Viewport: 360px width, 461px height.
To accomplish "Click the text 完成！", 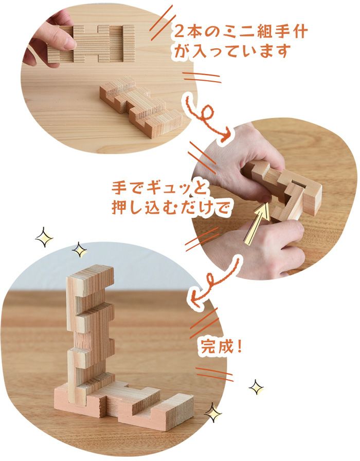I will coord(220,347).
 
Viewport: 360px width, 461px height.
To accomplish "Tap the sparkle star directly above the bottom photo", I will coord(80,250).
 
